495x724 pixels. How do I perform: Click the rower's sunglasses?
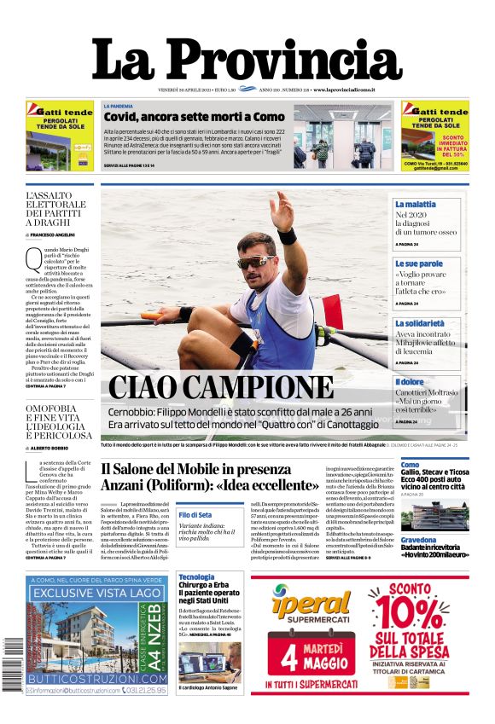pos(255,261)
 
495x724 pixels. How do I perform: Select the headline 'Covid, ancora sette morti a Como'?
pos(195,116)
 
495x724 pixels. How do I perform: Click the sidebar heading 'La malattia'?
pos(415,205)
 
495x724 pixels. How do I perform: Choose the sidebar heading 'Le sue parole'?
pos(418,264)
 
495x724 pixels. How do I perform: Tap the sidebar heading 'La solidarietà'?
pos(420,323)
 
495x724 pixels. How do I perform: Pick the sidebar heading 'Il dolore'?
pos(410,383)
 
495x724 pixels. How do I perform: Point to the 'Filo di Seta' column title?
pos(195,515)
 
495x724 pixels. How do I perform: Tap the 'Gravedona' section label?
pos(418,541)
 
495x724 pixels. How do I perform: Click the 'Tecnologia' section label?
pos(196,577)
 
